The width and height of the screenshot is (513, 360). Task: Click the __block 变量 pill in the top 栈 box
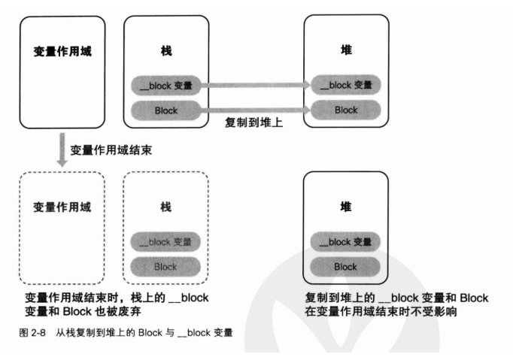166,85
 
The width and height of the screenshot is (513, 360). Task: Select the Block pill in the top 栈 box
166,110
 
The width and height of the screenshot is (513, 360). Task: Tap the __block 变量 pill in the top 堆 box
346,85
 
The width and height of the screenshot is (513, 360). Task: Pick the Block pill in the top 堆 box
346,110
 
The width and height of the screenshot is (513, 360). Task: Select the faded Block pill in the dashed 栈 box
165,266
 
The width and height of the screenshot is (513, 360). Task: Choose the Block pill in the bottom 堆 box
345,266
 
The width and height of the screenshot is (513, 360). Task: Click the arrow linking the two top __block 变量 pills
256,85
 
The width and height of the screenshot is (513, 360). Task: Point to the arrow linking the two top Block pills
256,110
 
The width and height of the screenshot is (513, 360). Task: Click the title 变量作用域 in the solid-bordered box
59,53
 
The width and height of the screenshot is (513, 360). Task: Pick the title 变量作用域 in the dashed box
59,207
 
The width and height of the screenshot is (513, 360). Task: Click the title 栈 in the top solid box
166,53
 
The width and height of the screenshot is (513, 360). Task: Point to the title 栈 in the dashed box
165,208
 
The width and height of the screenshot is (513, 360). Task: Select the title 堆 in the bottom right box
345,208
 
